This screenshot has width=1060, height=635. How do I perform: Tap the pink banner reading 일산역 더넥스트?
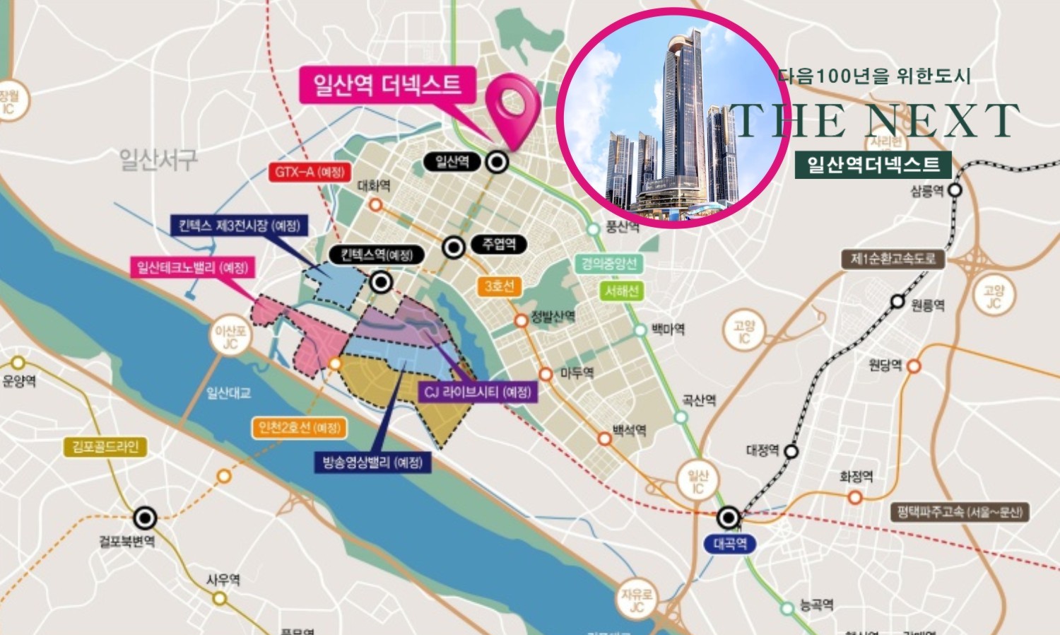[x=387, y=86]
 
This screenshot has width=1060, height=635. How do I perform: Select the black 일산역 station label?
[x=452, y=162]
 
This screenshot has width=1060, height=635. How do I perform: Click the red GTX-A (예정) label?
[x=309, y=172]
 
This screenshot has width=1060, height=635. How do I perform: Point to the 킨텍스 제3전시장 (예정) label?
[x=239, y=226]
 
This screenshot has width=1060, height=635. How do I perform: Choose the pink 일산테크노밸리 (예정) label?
[x=193, y=268]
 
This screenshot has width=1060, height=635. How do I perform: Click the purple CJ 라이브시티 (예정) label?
[x=478, y=392]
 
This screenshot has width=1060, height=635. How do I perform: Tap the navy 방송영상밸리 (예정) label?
[x=372, y=462]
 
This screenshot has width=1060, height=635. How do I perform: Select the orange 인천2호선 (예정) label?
[x=299, y=428]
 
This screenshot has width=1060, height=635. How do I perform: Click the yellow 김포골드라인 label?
[x=105, y=447]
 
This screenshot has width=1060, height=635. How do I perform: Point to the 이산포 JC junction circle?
[x=230, y=337]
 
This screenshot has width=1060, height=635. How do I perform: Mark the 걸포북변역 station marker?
[x=146, y=518]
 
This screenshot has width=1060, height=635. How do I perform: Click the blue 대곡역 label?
[x=730, y=544]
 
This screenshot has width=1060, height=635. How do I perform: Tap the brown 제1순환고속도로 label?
[x=893, y=259]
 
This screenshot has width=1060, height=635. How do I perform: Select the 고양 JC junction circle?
[x=993, y=296]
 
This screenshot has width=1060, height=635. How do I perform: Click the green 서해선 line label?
[x=621, y=291]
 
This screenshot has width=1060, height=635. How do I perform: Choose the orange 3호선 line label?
[x=499, y=286]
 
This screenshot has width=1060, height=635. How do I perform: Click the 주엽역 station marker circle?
[x=454, y=247]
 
